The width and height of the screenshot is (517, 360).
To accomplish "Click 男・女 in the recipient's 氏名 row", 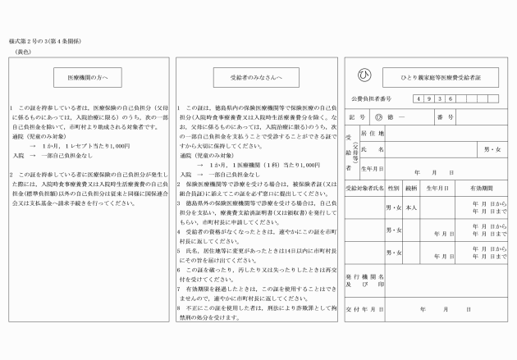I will point(492,149).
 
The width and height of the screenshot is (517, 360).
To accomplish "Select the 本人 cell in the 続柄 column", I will point(411,208).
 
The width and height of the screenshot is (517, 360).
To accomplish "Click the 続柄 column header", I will point(411,188).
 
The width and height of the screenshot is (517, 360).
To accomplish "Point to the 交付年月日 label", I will point(364,309).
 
